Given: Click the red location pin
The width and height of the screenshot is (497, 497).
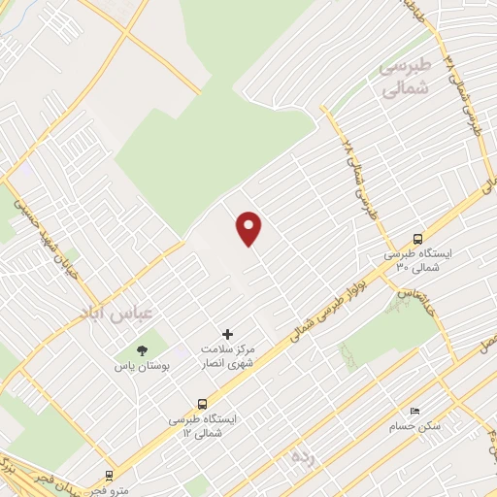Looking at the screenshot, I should [x=249, y=228].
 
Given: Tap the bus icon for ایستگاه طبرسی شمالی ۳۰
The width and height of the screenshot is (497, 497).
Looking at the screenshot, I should [x=417, y=239].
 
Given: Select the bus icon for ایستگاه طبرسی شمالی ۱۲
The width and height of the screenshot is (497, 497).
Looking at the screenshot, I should [x=202, y=404].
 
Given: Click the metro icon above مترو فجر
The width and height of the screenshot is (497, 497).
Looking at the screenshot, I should [x=109, y=476].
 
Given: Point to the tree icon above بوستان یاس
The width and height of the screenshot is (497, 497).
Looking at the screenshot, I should [x=142, y=350].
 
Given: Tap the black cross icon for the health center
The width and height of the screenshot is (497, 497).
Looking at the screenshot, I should [x=228, y=334].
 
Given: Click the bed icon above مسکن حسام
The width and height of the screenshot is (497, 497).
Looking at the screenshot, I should [x=415, y=411].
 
